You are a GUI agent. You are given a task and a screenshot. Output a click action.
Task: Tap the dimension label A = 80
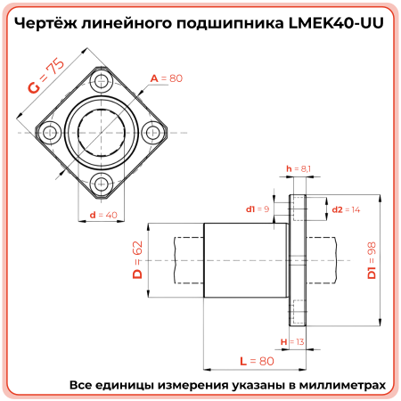point(167,79)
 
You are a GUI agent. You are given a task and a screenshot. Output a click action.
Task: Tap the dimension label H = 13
point(291,341)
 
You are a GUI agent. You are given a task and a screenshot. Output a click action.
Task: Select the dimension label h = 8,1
point(297,168)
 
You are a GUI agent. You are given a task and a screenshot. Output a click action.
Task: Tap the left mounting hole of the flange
point(52,132)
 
